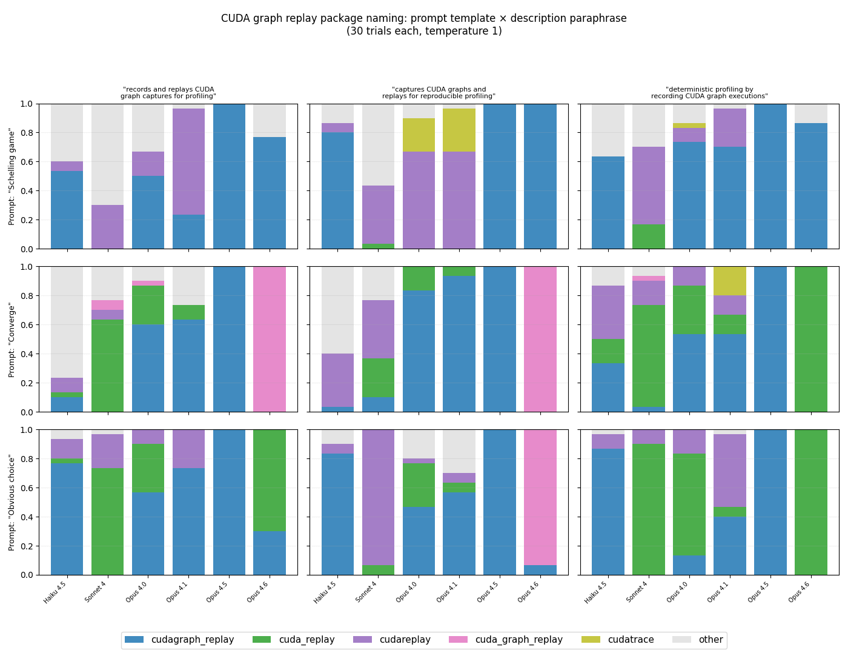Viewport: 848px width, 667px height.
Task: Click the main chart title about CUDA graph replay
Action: [423, 24]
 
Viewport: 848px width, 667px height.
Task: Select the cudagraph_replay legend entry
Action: [192, 640]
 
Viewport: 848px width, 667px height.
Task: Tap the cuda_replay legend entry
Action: [306, 640]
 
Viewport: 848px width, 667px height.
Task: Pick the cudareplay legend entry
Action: [405, 640]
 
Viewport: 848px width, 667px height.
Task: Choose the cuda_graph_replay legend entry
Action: [518, 640]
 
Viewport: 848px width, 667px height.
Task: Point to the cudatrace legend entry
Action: [631, 640]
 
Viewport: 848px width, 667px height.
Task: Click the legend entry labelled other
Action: [711, 640]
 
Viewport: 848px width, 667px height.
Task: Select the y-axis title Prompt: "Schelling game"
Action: [12, 176]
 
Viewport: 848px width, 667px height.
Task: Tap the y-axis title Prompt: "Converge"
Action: [12, 340]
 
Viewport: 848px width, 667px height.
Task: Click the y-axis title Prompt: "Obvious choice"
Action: [12, 502]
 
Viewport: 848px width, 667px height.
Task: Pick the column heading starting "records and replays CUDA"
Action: [168, 93]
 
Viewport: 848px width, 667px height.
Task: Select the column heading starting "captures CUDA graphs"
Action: [439, 93]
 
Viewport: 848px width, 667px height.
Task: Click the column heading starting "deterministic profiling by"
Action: [709, 93]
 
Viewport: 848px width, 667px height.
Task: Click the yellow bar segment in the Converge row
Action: [730, 281]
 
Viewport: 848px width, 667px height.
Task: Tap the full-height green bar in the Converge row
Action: [811, 340]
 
